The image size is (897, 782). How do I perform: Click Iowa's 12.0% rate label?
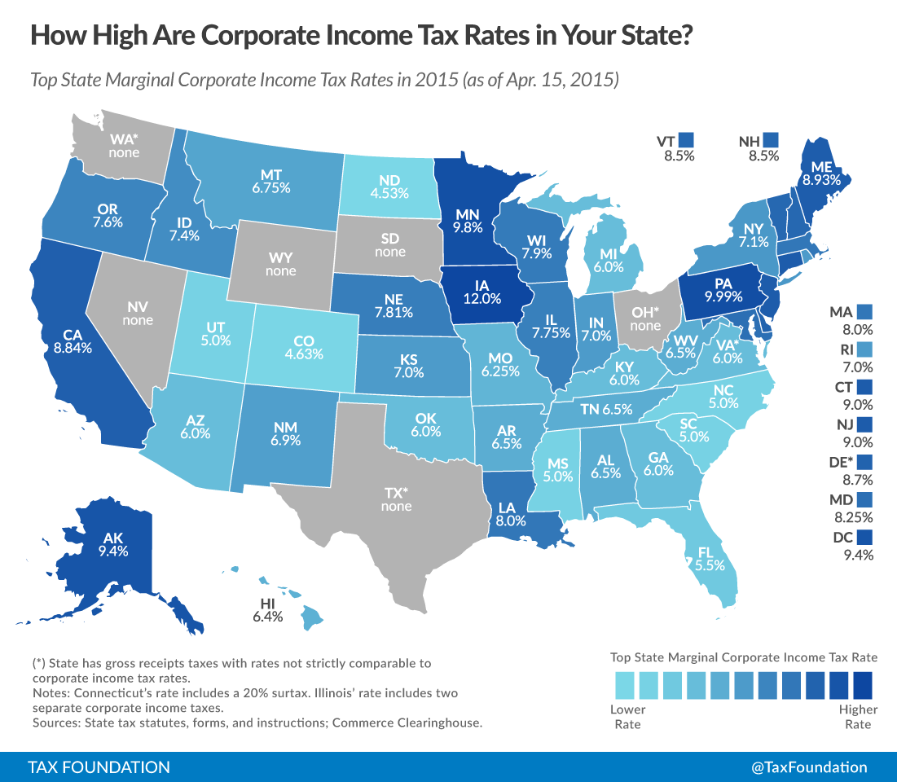481,298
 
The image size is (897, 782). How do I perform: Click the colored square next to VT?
686,139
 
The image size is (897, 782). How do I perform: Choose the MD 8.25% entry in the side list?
852,507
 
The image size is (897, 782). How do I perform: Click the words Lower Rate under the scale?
628,716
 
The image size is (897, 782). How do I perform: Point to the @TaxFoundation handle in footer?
810,767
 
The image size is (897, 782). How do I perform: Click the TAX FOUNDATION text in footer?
99,767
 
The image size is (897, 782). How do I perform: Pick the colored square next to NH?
770,139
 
